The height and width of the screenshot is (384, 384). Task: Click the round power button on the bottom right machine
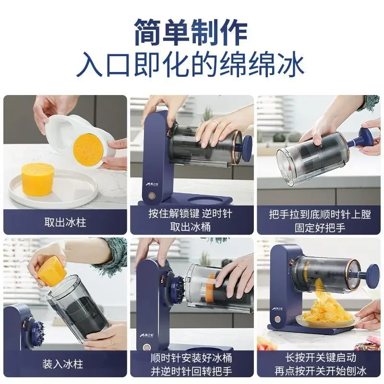click(x=277, y=320)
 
